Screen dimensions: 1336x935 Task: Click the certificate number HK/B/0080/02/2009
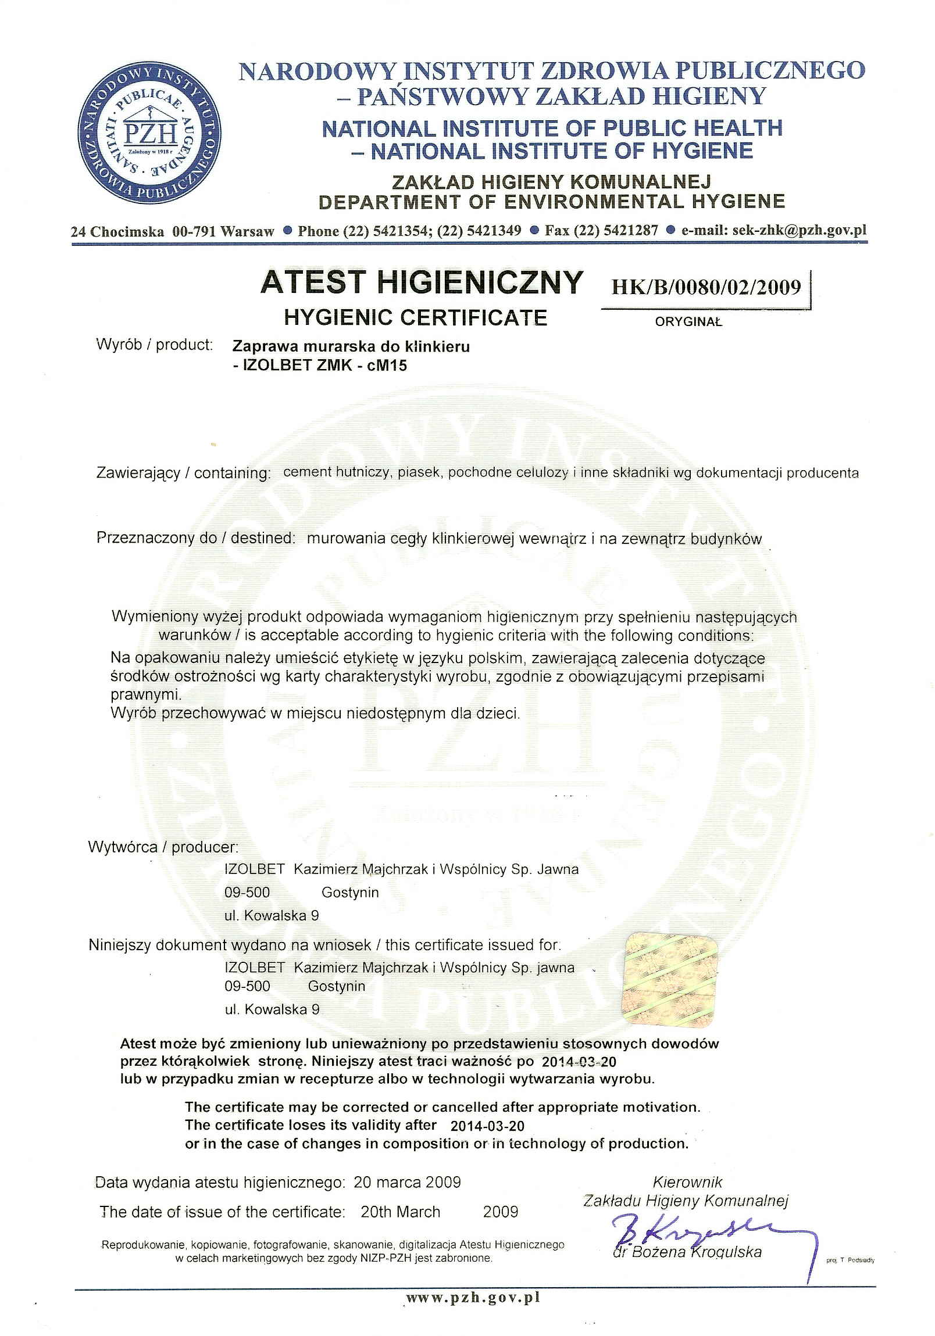tap(706, 287)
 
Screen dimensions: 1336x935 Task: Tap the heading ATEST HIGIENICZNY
tap(421, 282)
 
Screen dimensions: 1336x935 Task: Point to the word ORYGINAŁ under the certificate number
tap(688, 322)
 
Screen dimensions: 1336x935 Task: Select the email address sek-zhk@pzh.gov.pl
tap(799, 230)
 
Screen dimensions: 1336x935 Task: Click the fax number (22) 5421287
tap(616, 231)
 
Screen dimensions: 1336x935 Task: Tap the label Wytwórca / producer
tap(163, 847)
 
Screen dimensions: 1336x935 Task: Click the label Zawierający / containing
tap(183, 473)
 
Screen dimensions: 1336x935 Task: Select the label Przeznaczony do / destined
tap(193, 538)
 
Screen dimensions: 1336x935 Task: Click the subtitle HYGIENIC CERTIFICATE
tap(415, 317)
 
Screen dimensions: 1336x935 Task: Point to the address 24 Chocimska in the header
tap(117, 231)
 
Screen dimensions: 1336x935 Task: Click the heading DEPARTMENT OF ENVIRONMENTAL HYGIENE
tap(551, 202)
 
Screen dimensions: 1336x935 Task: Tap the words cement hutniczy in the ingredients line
tap(336, 472)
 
